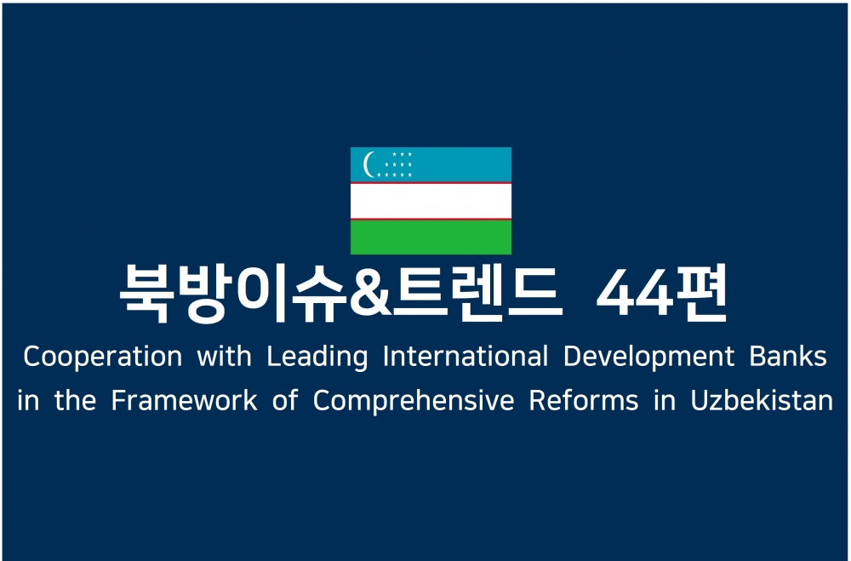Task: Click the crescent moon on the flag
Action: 367,164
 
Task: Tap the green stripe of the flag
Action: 431,237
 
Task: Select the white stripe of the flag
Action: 431,201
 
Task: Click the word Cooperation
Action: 103,358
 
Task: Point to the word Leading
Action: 317,358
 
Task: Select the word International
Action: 465,357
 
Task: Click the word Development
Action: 648,358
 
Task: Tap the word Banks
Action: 788,357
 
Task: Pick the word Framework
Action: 184,401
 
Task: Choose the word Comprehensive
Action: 414,402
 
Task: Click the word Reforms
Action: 584,401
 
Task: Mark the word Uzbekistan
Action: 762,401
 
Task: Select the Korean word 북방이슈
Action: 235,294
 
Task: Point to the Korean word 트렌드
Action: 477,293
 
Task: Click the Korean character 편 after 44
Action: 700,293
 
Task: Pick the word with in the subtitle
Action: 224,357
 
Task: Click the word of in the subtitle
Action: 285,401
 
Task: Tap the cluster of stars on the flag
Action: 395,164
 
